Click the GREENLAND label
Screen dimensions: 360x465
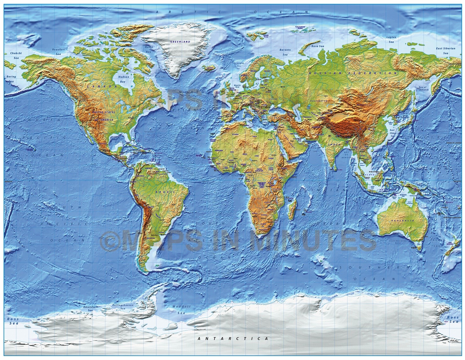pyautogui.click(x=180, y=42)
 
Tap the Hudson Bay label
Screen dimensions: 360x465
pyautogui.click(x=124, y=79)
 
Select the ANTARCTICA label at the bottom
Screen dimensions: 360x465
pyautogui.click(x=233, y=339)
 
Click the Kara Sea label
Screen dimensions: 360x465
pyautogui.click(x=317, y=45)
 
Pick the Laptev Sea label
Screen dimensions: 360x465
pyautogui.click(x=391, y=39)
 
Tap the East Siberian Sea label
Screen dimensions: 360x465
pyautogui.click(x=446, y=50)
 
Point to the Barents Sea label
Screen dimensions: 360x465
pyautogui.click(x=285, y=52)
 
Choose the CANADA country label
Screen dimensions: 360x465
pyautogui.click(x=98, y=87)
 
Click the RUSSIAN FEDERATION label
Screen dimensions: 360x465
pyautogui.click(x=353, y=73)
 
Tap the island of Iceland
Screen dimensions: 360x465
pyautogui.click(x=210, y=68)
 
